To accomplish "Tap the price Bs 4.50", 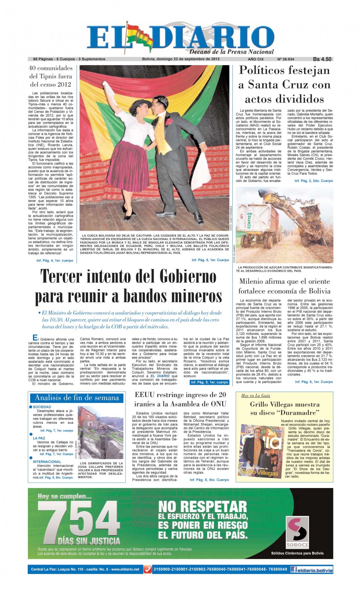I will (x=322, y=59).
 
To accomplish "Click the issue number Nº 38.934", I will (x=286, y=59).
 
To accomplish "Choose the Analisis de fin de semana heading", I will (x=77, y=398).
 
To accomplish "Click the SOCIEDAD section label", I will (x=42, y=407).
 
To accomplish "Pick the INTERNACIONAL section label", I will (x=47, y=462).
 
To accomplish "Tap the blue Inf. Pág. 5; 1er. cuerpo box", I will (x=209, y=382).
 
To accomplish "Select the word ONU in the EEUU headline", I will (x=217, y=404).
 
